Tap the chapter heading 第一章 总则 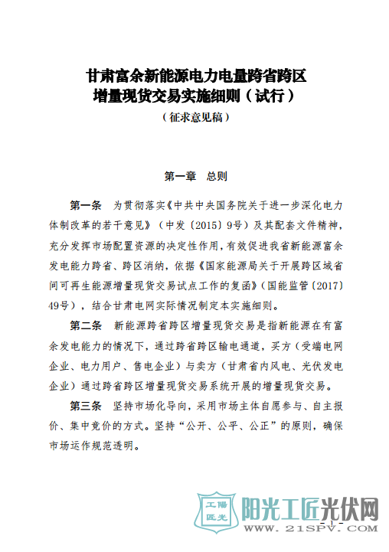click(x=194, y=176)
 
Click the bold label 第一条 click(x=85, y=206)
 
